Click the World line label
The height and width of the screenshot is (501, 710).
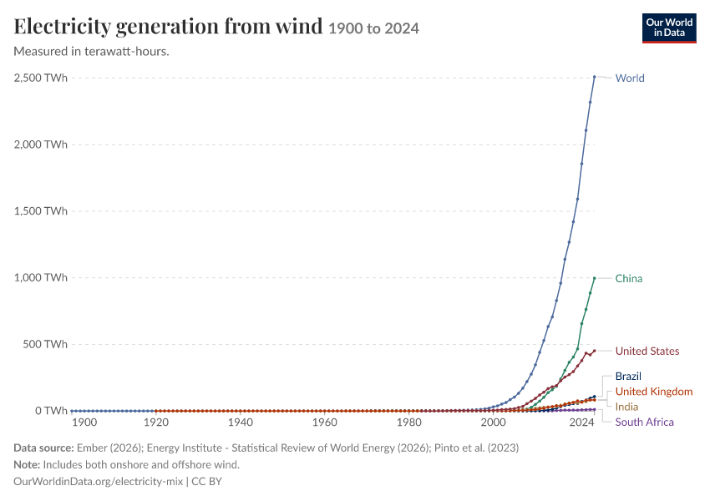(x=630, y=78)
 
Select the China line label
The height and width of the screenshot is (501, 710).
(x=628, y=278)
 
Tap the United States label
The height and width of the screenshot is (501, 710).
(x=647, y=352)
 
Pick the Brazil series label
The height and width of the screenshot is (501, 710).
(x=628, y=376)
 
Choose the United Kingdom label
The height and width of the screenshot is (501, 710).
(x=654, y=392)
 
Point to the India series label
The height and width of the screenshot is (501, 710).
(x=626, y=407)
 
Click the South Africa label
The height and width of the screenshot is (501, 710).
(x=644, y=423)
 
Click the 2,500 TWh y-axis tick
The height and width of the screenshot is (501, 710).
(x=41, y=78)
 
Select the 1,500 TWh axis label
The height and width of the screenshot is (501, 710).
(x=41, y=211)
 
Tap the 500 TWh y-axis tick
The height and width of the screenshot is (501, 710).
(x=45, y=344)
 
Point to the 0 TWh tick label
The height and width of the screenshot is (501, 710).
(x=51, y=411)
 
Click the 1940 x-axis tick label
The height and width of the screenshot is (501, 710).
(x=241, y=423)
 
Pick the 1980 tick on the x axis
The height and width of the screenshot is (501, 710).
(x=409, y=423)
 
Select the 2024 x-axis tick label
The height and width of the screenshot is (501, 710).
(x=582, y=423)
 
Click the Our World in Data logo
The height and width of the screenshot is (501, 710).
(x=669, y=28)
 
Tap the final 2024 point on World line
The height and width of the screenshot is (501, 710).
(x=595, y=77)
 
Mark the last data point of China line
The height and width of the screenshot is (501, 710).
(x=595, y=278)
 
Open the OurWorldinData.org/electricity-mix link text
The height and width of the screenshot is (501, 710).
(x=99, y=481)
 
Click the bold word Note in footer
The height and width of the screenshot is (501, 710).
(x=27, y=464)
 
